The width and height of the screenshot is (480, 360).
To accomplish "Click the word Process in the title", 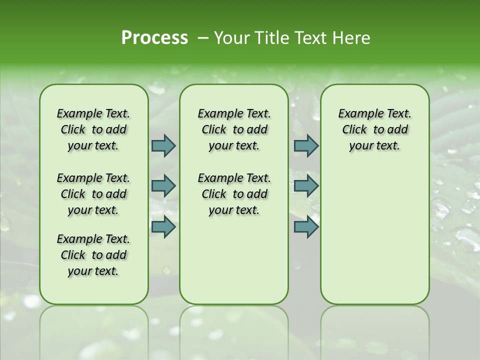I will (154, 38).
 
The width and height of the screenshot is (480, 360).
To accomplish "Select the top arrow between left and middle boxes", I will (163, 145).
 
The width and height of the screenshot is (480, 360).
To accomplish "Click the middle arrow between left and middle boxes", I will (163, 186).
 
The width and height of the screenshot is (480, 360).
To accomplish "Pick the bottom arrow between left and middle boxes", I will (163, 226).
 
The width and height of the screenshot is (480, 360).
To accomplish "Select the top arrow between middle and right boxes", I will (306, 145).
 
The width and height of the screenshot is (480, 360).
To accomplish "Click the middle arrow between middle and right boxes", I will (306, 186).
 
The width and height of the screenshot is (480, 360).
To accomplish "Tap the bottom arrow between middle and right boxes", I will (306, 226).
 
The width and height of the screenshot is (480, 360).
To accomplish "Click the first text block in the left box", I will (93, 129).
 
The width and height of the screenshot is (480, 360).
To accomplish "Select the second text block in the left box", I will (93, 194).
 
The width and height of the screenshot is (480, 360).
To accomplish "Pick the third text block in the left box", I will (93, 255).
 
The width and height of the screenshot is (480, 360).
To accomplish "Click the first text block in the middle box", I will (234, 129).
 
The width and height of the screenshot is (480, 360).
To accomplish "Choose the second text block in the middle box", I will (234, 194).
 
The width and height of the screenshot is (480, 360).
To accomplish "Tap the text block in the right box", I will (374, 129).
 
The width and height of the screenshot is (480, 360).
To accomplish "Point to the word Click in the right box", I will (354, 130).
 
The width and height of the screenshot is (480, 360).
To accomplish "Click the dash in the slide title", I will (203, 38).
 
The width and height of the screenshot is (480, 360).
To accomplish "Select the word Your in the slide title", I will (228, 38).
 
